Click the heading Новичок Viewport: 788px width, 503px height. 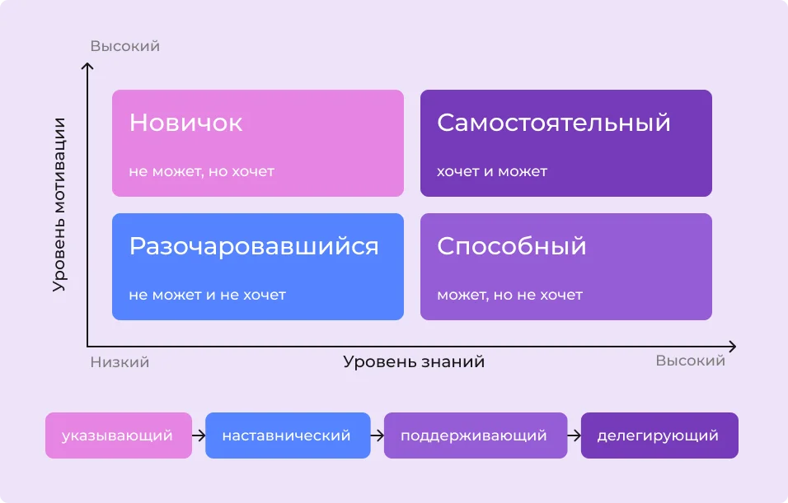point(185,123)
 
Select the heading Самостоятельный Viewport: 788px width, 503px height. point(553,123)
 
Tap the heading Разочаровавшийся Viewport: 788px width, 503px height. point(254,246)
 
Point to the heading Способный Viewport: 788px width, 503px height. point(511,246)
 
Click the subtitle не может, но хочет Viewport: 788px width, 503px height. point(201,171)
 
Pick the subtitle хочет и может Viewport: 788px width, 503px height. point(491,171)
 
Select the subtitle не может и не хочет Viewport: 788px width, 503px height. point(207,294)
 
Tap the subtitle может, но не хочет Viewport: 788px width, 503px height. point(509,294)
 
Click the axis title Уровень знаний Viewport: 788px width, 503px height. point(414,361)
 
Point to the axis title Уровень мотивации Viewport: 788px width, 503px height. point(59,204)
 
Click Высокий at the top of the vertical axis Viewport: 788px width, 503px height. point(124,46)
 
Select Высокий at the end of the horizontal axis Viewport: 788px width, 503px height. point(690,361)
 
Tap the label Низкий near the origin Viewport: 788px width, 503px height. point(120,361)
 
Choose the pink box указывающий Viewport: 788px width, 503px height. point(118,435)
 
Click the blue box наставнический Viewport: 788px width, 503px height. point(287,435)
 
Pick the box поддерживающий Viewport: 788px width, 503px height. point(475,435)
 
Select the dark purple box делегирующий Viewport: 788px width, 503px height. point(659,435)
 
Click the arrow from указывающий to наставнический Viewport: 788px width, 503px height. point(198,435)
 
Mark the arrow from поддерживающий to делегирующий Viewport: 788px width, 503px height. point(574,435)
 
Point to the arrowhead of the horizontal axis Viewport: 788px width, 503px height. point(732,346)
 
